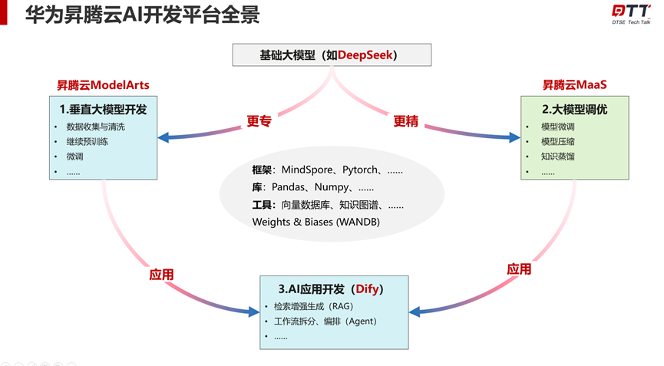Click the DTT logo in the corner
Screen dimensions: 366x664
click(631, 13)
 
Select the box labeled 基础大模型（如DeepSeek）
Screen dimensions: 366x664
click(332, 55)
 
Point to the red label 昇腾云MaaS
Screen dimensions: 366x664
click(569, 84)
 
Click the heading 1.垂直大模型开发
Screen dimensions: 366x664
click(103, 109)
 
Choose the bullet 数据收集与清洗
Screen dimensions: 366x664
click(95, 127)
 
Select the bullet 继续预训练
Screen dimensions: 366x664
click(89, 142)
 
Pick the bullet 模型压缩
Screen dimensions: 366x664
click(557, 142)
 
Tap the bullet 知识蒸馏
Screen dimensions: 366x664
click(557, 157)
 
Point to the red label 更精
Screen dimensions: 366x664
click(406, 120)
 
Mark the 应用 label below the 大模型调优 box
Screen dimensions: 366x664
click(519, 269)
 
